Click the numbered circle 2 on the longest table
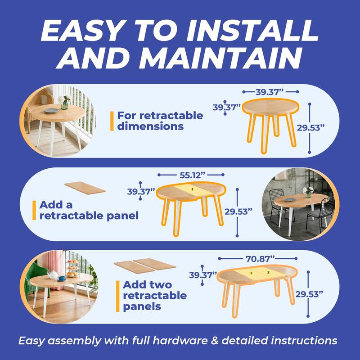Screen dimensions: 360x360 point(268,272)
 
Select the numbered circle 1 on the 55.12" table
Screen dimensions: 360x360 point(193,189)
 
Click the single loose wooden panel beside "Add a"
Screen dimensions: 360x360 point(85,188)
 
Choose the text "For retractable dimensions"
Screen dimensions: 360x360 point(160,121)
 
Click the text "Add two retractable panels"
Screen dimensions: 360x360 point(154,296)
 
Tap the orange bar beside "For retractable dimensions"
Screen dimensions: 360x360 point(112,121)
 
